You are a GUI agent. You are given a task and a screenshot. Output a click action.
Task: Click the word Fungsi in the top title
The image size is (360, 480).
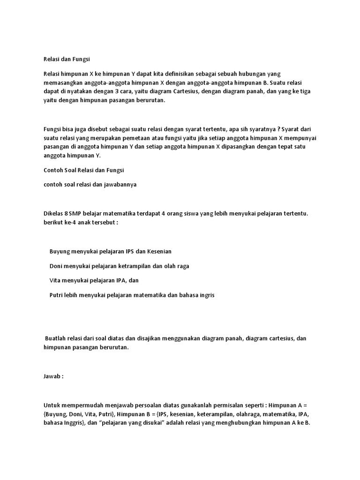[x=79, y=60]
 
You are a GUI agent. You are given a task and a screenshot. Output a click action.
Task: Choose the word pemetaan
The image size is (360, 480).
[x=130, y=138]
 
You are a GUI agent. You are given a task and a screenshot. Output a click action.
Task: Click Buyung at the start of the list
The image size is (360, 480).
[x=59, y=251]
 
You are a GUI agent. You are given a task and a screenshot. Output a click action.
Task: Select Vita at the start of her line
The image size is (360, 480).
[x=55, y=280]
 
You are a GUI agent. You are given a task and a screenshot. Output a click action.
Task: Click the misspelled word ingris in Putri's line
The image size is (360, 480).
[x=207, y=295]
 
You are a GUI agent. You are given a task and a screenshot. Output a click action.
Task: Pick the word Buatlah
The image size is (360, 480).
[x=56, y=338]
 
